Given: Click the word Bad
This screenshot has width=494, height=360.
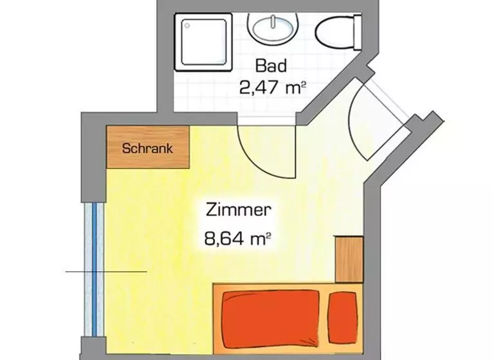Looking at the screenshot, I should point(270,65).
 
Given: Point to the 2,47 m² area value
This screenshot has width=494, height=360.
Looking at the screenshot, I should point(271,87).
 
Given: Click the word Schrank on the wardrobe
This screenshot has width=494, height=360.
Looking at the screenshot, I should point(148,148).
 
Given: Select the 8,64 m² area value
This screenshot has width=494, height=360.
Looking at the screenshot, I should point(237,240).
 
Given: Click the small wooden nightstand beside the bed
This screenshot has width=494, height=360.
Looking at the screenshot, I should point(349,259).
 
